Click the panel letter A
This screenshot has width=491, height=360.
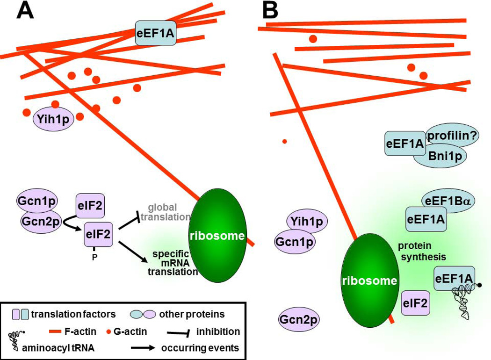[25, 10]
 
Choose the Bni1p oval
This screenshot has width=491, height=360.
[440, 158]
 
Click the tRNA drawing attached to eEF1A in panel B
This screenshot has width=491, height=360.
[464, 302]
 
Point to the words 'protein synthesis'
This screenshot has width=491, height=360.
[419, 251]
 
